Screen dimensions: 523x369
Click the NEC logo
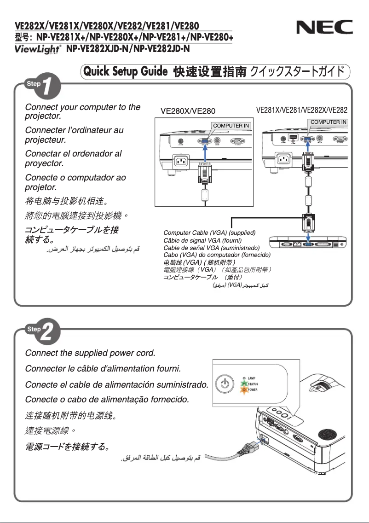click(x=321, y=30)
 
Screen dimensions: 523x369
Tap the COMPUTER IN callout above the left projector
click(x=231, y=125)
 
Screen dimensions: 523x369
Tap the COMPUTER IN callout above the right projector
click(x=329, y=122)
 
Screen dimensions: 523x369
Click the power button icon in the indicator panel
click(x=225, y=384)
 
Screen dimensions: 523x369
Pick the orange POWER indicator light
click(x=244, y=390)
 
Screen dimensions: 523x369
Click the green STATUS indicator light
click(x=244, y=384)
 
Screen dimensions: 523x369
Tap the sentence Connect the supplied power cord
click(x=90, y=354)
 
